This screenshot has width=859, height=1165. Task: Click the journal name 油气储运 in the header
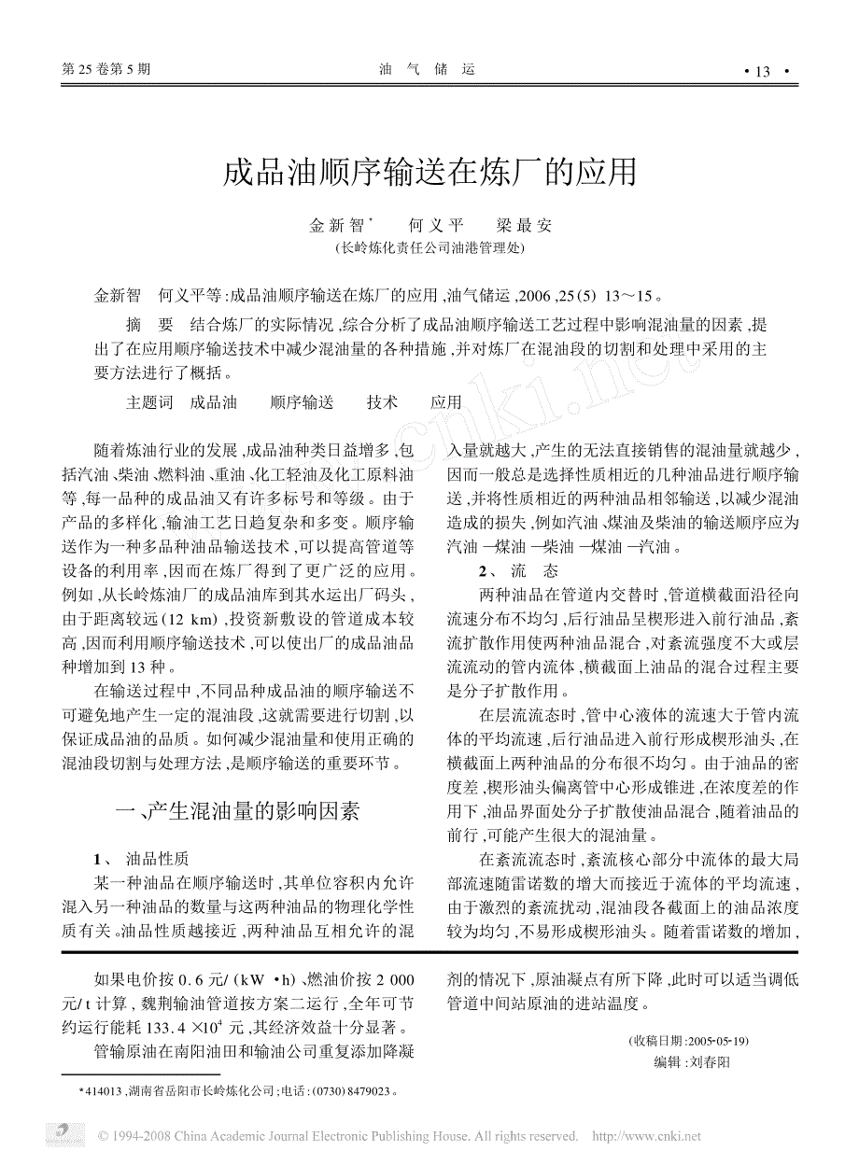tap(429, 69)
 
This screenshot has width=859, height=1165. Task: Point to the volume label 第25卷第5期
tap(105, 69)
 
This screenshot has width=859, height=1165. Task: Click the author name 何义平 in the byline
tap(436, 225)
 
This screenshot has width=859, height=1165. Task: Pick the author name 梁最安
tap(524, 225)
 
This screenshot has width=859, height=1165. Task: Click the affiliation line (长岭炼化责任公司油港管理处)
tap(429, 248)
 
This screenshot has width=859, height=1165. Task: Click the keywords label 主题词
tap(149, 402)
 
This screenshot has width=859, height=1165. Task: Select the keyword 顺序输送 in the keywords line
tap(302, 402)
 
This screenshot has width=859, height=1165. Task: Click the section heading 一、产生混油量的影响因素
tap(236, 811)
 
